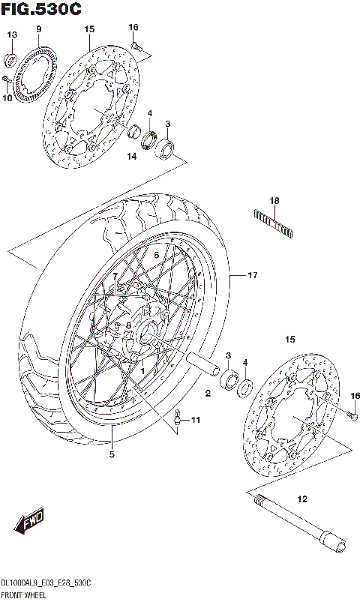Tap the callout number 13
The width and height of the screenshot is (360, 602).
pos(11,35)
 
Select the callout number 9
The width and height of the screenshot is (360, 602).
pos(37,29)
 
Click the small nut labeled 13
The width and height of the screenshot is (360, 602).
pos(10,58)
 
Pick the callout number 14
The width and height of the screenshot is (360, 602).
pos(131,157)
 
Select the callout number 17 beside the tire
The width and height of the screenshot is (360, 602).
pos(253,276)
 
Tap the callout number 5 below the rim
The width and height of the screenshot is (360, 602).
pos(112,453)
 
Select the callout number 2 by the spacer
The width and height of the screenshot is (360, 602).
pos(208,393)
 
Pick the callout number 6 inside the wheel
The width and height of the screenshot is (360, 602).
pos(157,255)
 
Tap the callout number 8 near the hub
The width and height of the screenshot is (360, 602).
pos(128,325)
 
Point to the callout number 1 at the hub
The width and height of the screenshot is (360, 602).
pos(142,370)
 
